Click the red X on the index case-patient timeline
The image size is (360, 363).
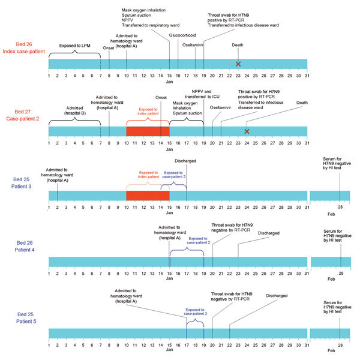[238, 64]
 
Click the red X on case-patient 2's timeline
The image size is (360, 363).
[247, 131]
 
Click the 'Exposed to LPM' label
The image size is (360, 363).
[74, 45]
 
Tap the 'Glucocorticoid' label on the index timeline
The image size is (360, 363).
[178, 35]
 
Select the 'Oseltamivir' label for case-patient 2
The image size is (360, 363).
[220, 108]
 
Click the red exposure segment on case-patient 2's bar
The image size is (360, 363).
[148, 131]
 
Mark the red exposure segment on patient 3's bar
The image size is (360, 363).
[148, 196]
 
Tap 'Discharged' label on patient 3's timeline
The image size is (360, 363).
[185, 161]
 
